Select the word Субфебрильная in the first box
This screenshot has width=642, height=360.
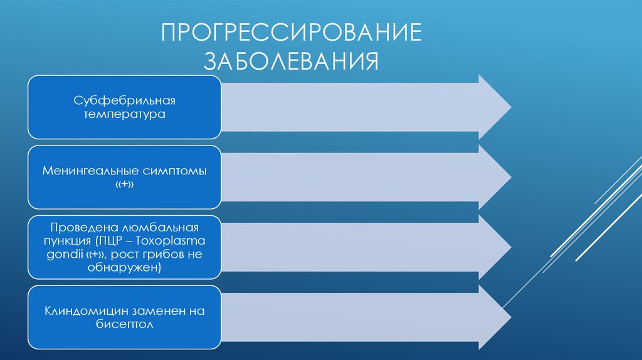pos(124,100)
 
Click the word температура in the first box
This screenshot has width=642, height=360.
pos(124,115)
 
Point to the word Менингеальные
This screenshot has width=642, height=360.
pos(89,171)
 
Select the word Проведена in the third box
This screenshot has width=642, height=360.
pos(76,226)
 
